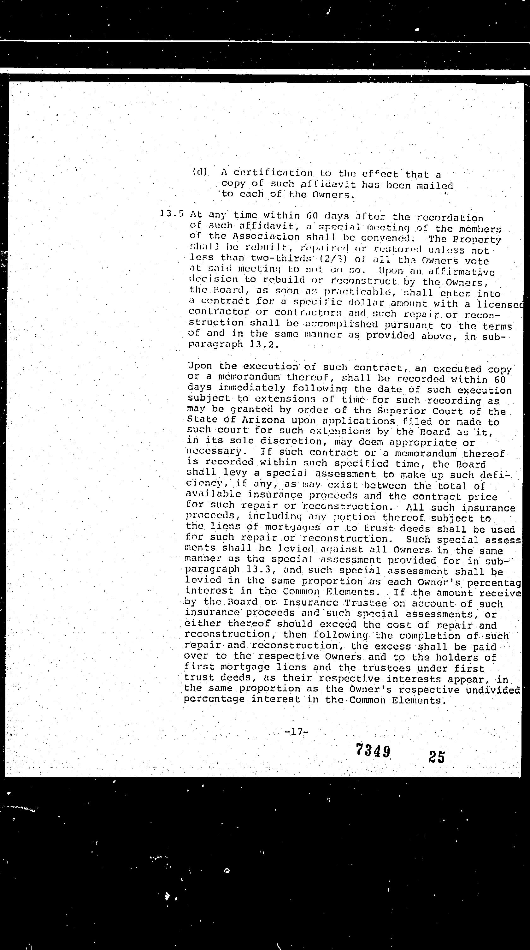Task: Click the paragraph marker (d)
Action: (x=200, y=172)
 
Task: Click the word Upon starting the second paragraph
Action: (x=200, y=366)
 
